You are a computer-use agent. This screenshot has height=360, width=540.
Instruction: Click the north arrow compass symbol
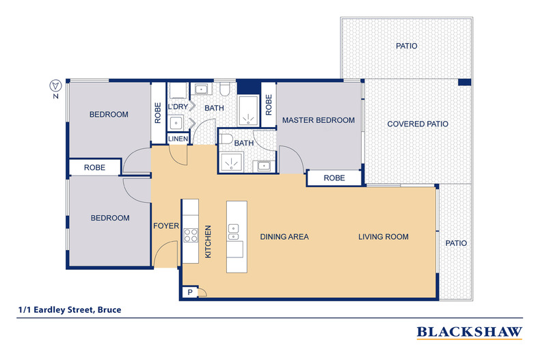pos(57,86)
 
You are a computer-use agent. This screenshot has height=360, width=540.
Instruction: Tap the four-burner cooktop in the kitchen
pos(190,236)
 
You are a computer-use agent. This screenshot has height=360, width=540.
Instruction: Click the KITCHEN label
pos(208,242)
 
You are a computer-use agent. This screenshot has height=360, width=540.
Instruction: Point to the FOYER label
pos(165,226)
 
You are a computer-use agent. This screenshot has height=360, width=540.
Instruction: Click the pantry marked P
pos(189,292)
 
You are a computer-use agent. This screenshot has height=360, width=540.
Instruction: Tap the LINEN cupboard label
pos(178,138)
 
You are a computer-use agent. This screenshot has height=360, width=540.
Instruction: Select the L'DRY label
pos(178,108)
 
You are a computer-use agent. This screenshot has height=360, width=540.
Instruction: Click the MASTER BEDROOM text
pos(319,120)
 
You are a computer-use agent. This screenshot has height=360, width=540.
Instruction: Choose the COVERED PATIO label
pos(418,124)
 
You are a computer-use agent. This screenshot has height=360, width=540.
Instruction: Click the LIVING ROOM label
pos(383,237)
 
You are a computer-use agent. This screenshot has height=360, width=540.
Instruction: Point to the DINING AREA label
pos(284,237)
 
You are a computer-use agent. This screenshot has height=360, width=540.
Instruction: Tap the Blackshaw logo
pos(470,332)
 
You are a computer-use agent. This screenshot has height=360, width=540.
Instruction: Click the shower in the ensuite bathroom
pos(232,162)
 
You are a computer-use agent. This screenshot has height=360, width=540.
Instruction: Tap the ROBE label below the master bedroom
pos(334,178)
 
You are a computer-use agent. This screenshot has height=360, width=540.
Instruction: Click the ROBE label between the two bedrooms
pos(94,167)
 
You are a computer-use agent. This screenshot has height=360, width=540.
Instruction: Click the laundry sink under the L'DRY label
pos(176,122)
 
